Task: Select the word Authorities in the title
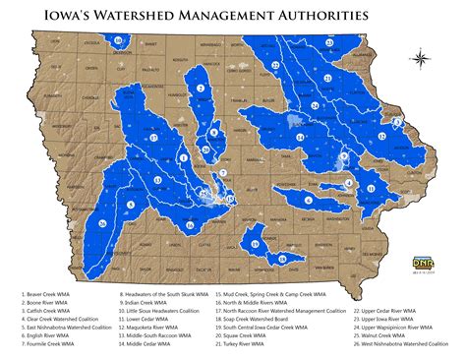click(325, 16)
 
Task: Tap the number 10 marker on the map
click(118, 40)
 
